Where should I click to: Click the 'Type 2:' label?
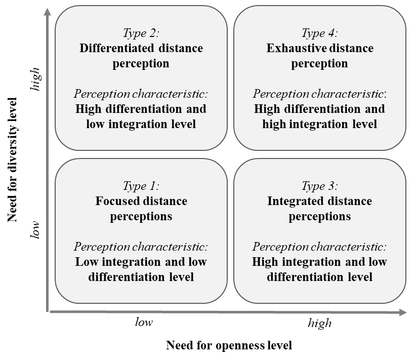click(141, 33)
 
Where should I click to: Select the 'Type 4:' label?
click(320, 33)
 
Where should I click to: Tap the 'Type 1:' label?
click(141, 186)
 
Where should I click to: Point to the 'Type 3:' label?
click(320, 186)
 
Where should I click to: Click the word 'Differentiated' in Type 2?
click(117, 48)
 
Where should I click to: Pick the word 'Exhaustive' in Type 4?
click(297, 48)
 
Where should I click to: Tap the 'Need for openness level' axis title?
click(229, 345)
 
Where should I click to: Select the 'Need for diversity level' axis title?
click(12, 160)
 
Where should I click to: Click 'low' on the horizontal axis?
click(144, 323)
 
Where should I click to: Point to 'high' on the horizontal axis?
click(320, 324)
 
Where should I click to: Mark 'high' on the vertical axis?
click(35, 79)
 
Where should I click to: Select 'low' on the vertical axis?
click(35, 230)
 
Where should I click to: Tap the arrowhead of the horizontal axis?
click(403, 312)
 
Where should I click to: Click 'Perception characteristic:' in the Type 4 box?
click(320, 94)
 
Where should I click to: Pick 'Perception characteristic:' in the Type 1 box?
click(141, 247)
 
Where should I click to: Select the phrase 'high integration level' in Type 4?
click(320, 124)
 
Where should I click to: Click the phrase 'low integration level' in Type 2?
click(141, 124)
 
